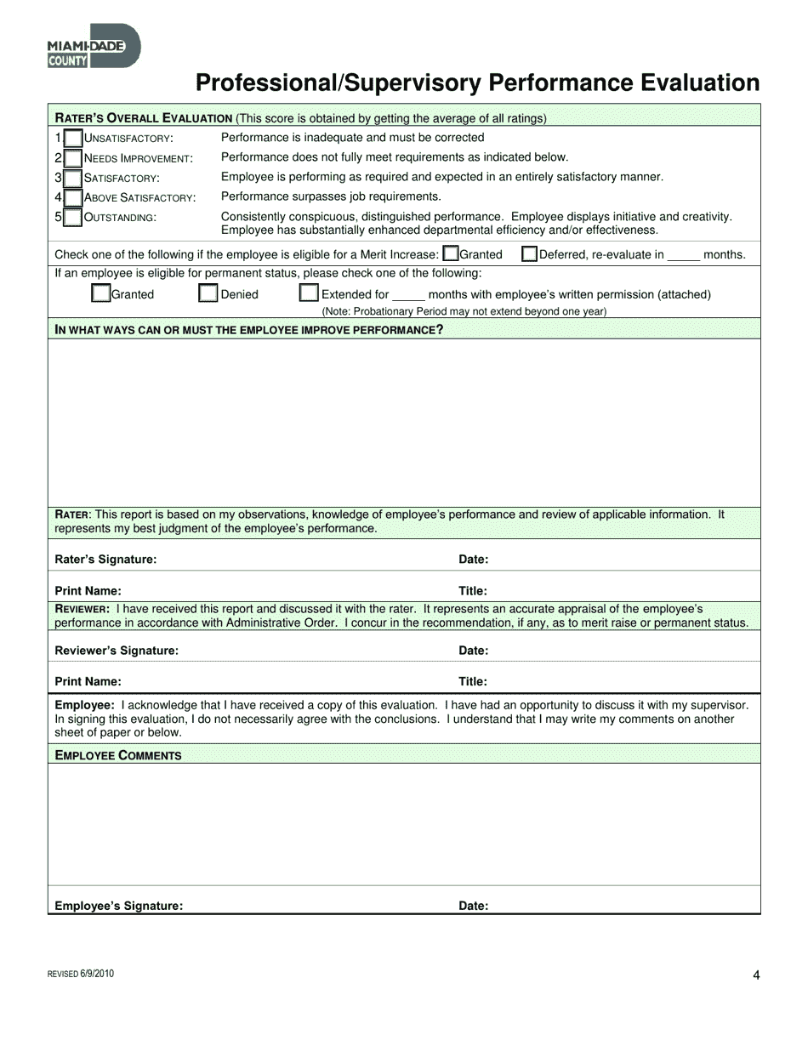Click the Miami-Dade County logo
point(94,46)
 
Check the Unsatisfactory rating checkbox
point(74,138)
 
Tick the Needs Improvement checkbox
point(74,158)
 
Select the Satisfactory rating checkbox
point(74,178)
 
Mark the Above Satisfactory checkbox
point(74,197)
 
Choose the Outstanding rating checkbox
point(74,217)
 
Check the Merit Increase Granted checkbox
point(451,253)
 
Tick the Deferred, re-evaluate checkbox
point(529,253)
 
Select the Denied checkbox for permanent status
point(208,293)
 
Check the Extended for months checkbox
point(309,293)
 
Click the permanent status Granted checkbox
point(100,293)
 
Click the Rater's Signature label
point(105,560)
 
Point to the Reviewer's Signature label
point(117,651)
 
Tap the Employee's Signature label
point(119,906)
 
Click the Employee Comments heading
point(118,755)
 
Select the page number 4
point(756,975)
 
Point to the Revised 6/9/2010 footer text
point(81,975)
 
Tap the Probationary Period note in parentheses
point(464,311)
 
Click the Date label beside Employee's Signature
point(473,906)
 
